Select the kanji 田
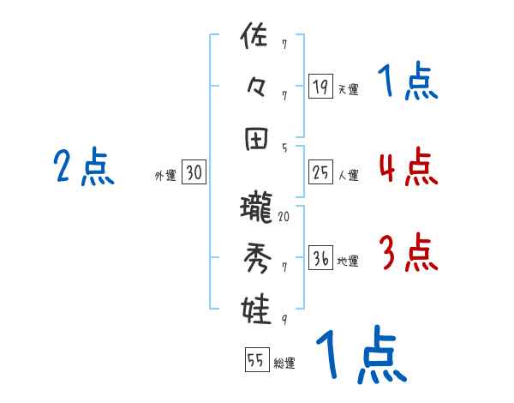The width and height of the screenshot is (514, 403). [x=257, y=138]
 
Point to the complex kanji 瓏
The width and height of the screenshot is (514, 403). [x=257, y=208]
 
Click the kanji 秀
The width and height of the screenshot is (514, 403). [x=257, y=258]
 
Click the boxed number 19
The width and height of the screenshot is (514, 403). [x=320, y=86]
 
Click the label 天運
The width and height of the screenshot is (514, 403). [x=348, y=89]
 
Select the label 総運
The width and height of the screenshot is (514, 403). [x=284, y=364]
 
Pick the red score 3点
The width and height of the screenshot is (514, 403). [x=407, y=252]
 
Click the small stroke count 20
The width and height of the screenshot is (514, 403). [x=284, y=216]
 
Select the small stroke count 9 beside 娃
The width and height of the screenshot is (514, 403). [x=284, y=320]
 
